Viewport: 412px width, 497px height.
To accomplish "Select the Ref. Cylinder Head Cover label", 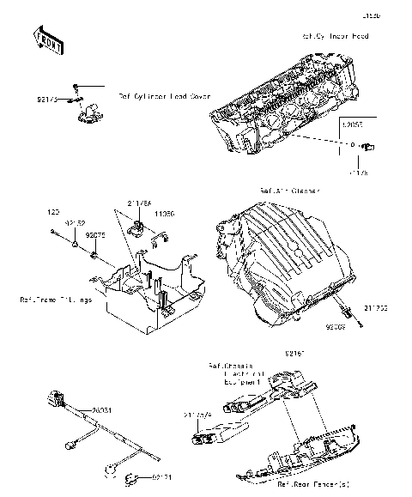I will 164,96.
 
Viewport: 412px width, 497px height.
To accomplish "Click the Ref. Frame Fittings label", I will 54,300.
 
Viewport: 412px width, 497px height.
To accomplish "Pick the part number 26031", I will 101,411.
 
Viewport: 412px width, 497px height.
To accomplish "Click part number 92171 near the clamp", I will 164,476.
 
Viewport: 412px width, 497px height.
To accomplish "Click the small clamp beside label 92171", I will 133,477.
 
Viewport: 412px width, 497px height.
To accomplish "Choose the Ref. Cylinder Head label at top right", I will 335,37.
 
